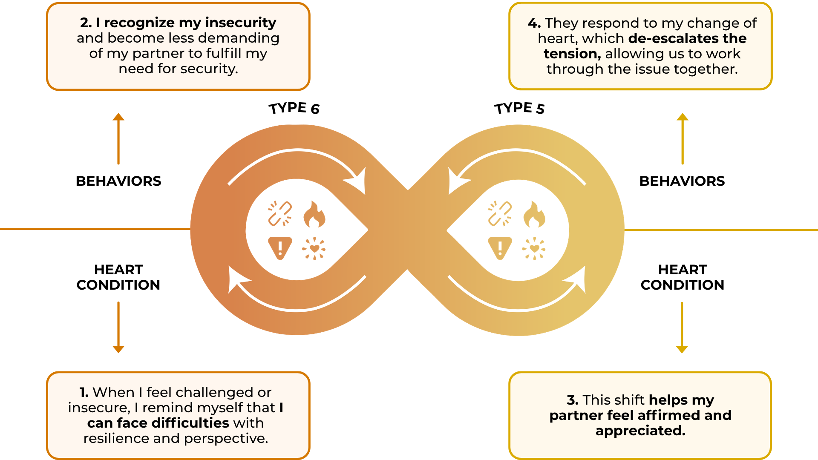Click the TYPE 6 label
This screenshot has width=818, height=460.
tap(294, 108)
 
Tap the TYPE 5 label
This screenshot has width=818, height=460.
tap(519, 108)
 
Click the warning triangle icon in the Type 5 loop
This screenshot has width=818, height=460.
tap(500, 248)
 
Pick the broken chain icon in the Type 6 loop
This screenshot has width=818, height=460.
tap(280, 213)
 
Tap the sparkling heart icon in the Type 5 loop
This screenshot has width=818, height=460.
tap(534, 248)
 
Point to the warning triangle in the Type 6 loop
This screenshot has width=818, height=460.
tap(280, 248)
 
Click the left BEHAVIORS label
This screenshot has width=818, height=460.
tap(118, 181)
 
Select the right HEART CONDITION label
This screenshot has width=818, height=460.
tap(682, 277)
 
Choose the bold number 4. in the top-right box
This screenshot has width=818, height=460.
tap(534, 23)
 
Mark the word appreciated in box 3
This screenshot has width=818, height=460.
tap(640, 431)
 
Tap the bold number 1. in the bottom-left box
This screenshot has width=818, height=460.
tap(84, 392)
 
